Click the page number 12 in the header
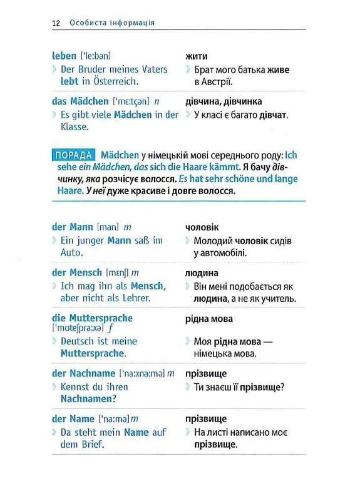[x=56, y=23]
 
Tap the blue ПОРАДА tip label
[x=73, y=155]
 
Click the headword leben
[x=64, y=56]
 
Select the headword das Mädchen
[x=80, y=101]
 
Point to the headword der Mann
[x=72, y=227]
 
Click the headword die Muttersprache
[x=92, y=318]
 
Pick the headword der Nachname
[x=84, y=373]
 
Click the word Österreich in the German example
[x=115, y=81]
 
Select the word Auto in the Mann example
[x=71, y=252]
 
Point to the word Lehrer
[x=136, y=298]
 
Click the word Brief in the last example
[x=91, y=445]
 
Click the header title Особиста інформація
[x=112, y=23]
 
